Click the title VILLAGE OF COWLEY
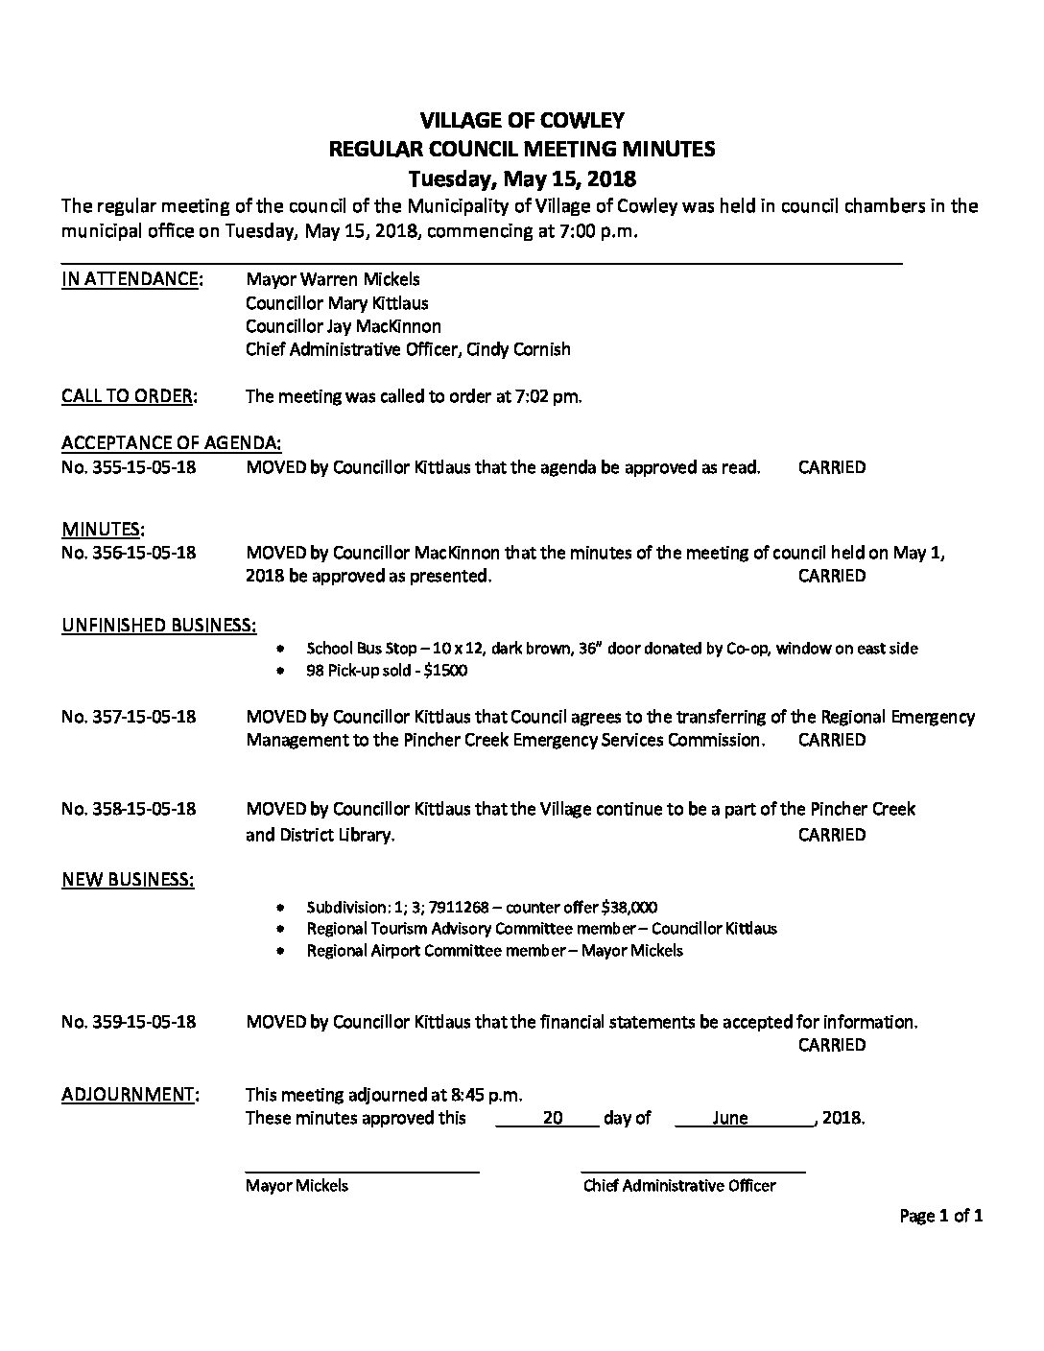522,120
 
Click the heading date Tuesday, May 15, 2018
522,178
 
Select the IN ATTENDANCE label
131,279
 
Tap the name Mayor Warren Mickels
333,279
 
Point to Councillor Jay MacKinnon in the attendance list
344,326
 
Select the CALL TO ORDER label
130,395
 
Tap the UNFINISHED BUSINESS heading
158,626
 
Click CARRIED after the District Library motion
831,835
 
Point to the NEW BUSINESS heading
128,879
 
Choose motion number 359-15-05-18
129,1022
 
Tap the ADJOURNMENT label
130,1095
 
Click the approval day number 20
552,1118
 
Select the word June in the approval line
730,1118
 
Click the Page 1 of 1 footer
941,1217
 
